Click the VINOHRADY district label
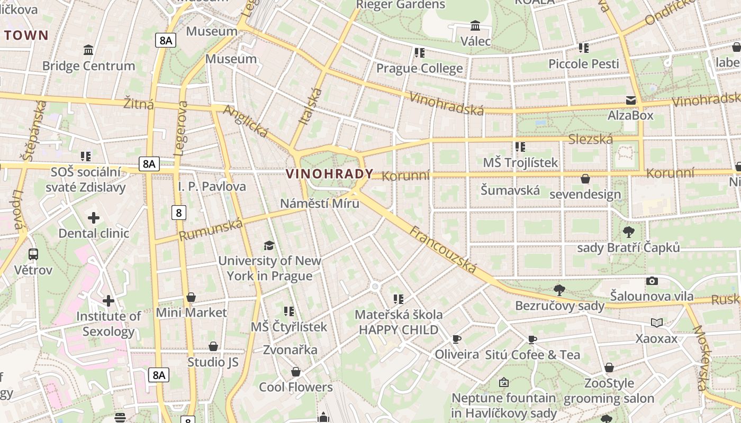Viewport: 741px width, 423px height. [x=329, y=173]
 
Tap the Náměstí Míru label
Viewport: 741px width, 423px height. [x=319, y=204]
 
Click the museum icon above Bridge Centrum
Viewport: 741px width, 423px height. [x=88, y=50]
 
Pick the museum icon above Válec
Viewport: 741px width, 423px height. [x=475, y=25]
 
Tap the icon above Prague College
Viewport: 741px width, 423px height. [x=419, y=53]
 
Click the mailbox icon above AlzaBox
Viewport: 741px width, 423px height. [x=630, y=100]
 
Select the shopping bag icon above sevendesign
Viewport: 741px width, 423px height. [x=585, y=179]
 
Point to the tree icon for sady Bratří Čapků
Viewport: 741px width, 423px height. [x=628, y=232]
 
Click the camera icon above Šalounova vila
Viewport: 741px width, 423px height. [x=652, y=281]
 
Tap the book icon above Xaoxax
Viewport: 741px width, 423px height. [x=656, y=323]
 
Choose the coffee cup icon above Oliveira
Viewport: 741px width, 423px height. [x=456, y=339]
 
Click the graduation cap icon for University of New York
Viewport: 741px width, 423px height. [x=269, y=245]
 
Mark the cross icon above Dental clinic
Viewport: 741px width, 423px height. [x=94, y=218]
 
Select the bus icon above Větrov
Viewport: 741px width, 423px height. [x=33, y=254]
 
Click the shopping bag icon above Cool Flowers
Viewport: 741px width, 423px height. [x=295, y=372]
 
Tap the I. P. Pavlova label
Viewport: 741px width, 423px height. [x=212, y=187]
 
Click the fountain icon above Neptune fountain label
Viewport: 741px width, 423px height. [x=503, y=382]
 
